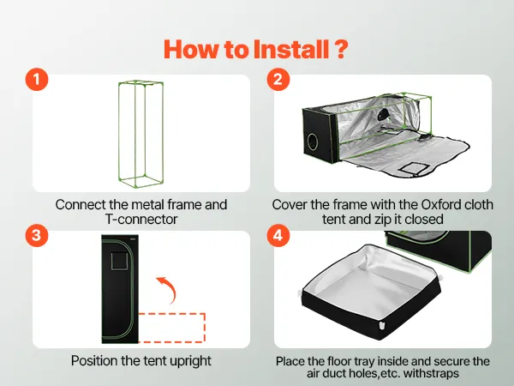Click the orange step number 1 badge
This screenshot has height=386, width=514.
tap(37, 80)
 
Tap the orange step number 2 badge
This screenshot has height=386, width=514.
tap(278, 80)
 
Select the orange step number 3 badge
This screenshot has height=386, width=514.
tap(37, 235)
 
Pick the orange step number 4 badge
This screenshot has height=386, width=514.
tap(278, 235)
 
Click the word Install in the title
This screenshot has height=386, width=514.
tap(291, 49)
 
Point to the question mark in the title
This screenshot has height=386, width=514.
tap(341, 49)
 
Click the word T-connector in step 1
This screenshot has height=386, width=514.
tap(141, 219)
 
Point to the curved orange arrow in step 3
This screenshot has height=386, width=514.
tap(169, 289)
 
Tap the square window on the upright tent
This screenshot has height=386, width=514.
tap(119, 261)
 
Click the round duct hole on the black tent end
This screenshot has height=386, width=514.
tap(313, 142)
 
